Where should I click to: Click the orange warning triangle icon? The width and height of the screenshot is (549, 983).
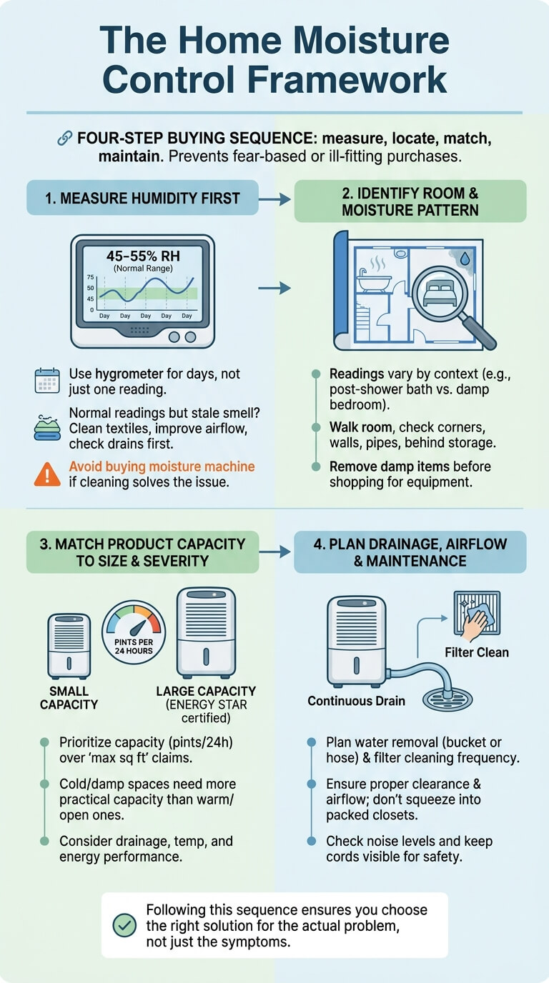click(x=47, y=474)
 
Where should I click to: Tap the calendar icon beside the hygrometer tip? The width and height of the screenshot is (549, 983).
click(x=47, y=381)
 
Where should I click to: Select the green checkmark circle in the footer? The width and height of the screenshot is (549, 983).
click(x=124, y=926)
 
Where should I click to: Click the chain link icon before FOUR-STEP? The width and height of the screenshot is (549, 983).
click(x=64, y=138)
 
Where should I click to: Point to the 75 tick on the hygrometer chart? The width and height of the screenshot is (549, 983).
click(x=91, y=277)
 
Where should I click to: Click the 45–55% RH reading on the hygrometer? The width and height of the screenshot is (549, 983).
click(x=143, y=256)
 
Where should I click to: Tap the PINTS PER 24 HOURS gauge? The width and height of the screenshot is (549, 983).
click(x=134, y=632)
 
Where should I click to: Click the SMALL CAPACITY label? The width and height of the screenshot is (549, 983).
click(x=69, y=698)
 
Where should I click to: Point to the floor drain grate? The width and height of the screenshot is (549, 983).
click(x=447, y=698)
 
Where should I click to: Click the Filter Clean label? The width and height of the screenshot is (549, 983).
click(x=477, y=652)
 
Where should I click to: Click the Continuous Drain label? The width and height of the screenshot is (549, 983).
click(x=356, y=701)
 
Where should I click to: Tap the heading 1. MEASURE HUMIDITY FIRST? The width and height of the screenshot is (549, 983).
click(x=142, y=199)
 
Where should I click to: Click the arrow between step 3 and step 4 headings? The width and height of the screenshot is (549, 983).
click(x=275, y=552)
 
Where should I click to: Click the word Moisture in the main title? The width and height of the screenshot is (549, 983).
click(x=371, y=40)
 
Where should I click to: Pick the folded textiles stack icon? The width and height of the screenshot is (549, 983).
click(x=47, y=429)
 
